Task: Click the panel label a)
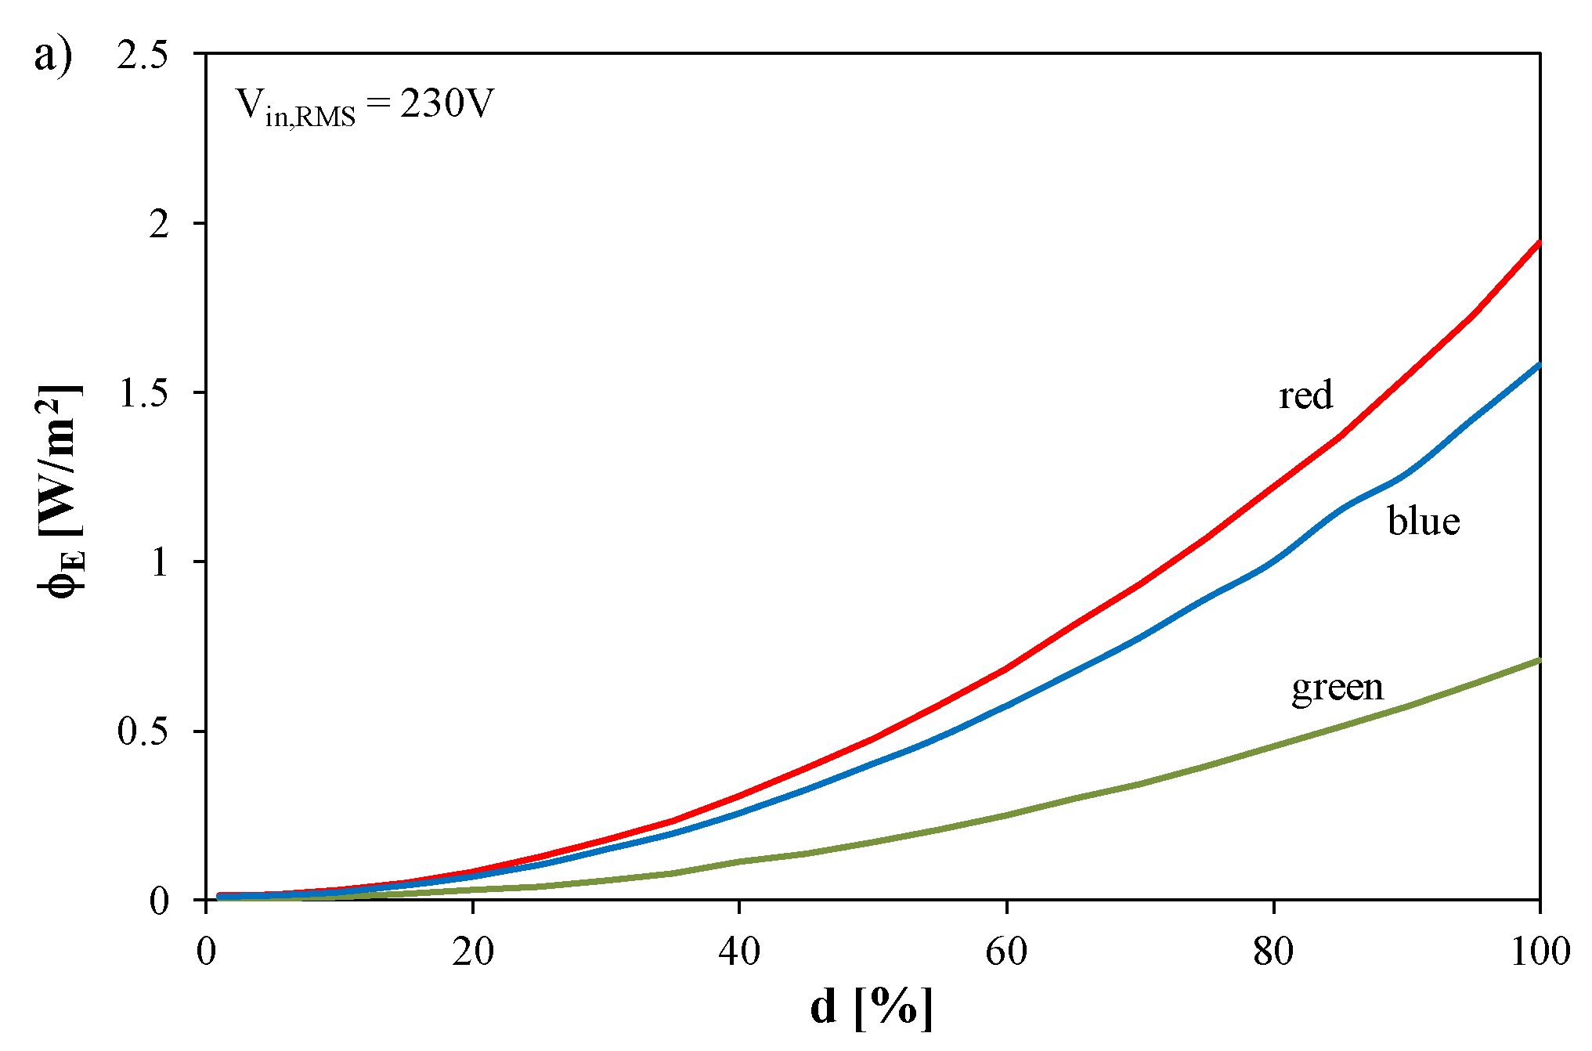tap(53, 56)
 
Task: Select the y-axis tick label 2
tap(159, 224)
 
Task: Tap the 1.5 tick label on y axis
tap(143, 393)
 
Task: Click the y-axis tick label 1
tap(160, 562)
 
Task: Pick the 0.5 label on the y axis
tap(143, 731)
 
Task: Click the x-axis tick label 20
tap(473, 952)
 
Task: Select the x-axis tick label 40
tap(739, 952)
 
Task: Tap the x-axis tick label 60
tap(1006, 952)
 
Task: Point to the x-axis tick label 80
tap(1273, 952)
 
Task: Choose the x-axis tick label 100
tap(1540, 952)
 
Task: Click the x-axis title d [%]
tap(872, 1008)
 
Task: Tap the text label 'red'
tap(1305, 395)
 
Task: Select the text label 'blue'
tap(1424, 521)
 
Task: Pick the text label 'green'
tap(1337, 688)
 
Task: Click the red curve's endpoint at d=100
tap(1539, 244)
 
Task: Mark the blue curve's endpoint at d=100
tap(1539, 365)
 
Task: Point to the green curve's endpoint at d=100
tap(1539, 661)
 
